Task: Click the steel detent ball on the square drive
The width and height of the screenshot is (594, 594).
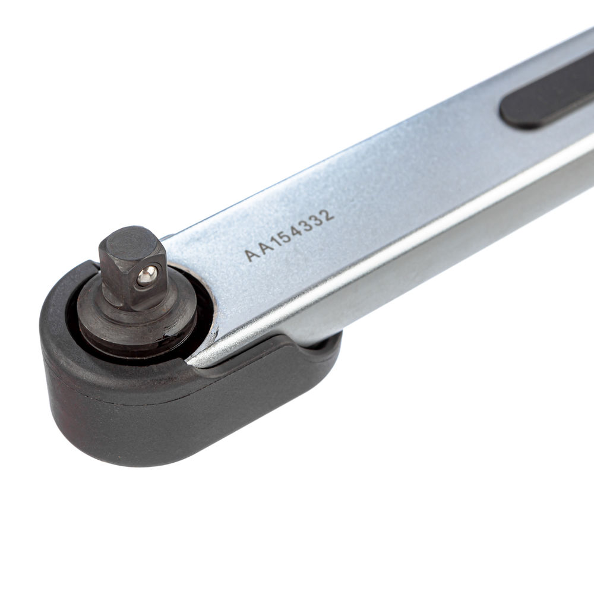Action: [147, 276]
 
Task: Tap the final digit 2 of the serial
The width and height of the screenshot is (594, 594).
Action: [328, 214]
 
